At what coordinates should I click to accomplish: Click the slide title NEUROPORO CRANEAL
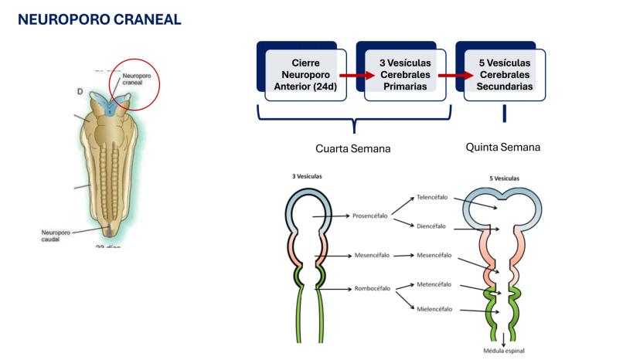click(x=100, y=19)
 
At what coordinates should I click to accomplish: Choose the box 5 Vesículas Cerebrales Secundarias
click(x=504, y=75)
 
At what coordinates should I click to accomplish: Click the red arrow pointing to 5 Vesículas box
click(x=455, y=76)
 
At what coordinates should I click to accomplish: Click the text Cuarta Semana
click(x=352, y=148)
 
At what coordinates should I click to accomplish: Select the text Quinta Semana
click(x=502, y=147)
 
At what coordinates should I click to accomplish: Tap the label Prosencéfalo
click(x=370, y=216)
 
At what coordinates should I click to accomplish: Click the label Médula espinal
click(x=503, y=352)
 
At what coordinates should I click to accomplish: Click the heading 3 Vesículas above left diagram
click(x=307, y=176)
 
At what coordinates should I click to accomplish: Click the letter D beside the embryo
click(x=80, y=91)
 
